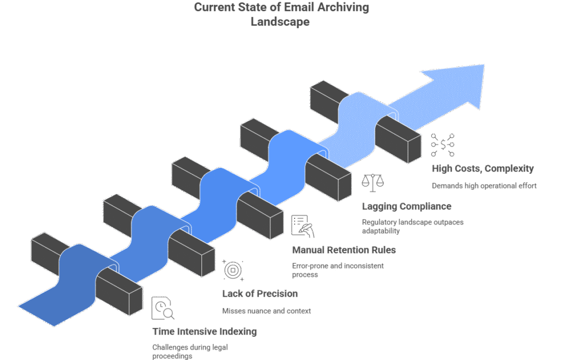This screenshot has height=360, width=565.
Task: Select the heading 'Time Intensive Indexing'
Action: tap(204, 331)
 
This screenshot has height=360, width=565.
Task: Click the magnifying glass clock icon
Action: tap(163, 309)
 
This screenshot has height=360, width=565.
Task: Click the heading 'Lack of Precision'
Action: tap(260, 293)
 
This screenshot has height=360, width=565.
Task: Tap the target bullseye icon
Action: tap(233, 270)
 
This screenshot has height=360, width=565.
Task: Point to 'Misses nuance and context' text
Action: tap(266, 311)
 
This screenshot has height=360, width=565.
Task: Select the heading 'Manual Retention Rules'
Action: tap(343, 250)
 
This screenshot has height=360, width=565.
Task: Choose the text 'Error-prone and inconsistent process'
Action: tap(337, 270)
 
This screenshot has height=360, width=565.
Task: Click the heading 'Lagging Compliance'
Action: tap(407, 206)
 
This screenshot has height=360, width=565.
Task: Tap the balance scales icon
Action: tap(373, 182)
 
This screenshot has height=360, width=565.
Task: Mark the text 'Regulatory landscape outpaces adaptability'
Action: tap(413, 226)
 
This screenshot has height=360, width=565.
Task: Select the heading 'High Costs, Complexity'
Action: tap(482, 169)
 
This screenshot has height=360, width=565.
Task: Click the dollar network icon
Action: tap(443, 144)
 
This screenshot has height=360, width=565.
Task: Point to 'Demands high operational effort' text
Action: tap(484, 186)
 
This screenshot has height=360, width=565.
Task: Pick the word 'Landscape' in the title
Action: tap(281, 22)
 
